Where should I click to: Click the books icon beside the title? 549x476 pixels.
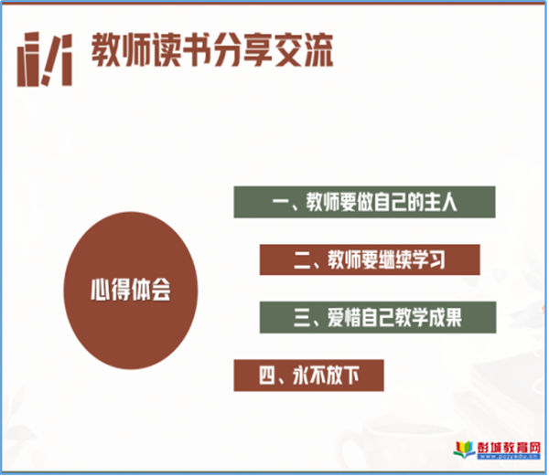45,59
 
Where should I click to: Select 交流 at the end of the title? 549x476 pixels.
303,50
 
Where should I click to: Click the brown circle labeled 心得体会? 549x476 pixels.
131,291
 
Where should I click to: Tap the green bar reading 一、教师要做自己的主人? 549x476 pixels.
364,202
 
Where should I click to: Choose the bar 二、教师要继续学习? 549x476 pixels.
370,259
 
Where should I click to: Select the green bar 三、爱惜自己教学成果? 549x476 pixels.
378,317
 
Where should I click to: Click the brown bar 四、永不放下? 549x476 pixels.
309,376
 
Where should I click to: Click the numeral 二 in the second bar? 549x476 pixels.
302,260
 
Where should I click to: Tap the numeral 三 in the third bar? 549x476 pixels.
302,318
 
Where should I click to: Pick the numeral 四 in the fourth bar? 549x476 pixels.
267,376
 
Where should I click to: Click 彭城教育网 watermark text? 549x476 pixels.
509,448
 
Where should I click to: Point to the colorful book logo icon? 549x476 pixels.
464,450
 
